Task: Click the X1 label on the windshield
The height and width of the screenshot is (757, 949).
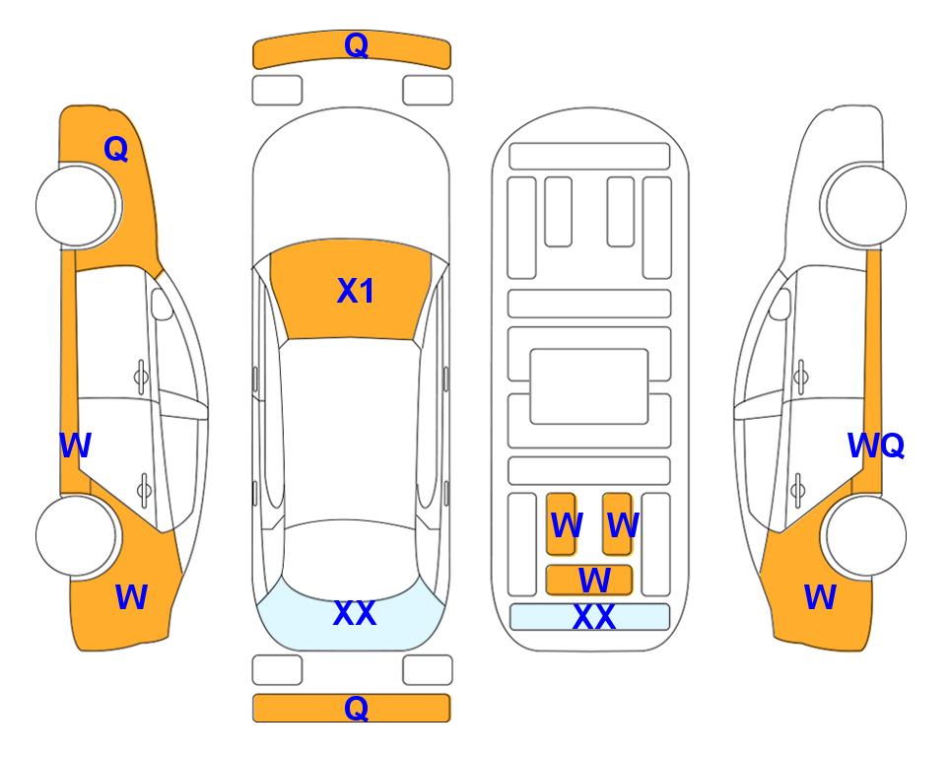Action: [x=355, y=292]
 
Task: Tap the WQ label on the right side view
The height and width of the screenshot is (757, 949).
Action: [x=875, y=447]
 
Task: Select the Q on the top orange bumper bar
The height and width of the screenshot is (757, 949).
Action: [x=356, y=45]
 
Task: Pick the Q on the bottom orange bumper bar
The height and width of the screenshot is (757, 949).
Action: [x=356, y=708]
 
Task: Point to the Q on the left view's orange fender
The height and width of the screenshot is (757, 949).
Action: [x=116, y=149]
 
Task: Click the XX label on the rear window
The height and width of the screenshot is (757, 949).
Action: [x=355, y=614]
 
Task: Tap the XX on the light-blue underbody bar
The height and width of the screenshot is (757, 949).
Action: [x=593, y=618]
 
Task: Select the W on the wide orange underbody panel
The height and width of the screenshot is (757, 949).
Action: [x=593, y=580]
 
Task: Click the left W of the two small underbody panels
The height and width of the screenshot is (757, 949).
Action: [x=566, y=525]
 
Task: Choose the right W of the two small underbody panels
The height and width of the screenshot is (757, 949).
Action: [x=622, y=525]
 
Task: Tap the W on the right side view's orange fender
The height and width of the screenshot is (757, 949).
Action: [x=820, y=597]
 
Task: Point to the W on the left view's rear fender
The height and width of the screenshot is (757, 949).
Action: [x=131, y=597]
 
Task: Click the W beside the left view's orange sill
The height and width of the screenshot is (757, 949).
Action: [x=75, y=447]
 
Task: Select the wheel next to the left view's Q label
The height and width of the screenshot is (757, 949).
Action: [x=77, y=205]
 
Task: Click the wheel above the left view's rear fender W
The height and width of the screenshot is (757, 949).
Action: [x=77, y=535]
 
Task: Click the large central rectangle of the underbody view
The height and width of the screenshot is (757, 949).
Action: [x=589, y=385]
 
